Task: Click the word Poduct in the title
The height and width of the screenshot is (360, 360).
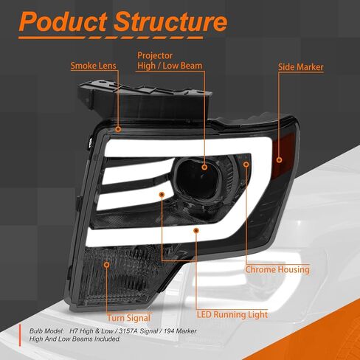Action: click(x=63, y=21)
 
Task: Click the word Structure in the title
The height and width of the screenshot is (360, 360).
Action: click(x=170, y=21)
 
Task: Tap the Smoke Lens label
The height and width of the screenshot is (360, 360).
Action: click(x=93, y=66)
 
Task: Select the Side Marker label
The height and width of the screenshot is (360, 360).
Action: click(x=301, y=67)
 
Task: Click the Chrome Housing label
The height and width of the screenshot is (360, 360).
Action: click(x=277, y=269)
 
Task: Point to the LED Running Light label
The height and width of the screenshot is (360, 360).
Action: click(x=232, y=314)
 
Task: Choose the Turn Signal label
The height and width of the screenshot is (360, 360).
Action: click(x=128, y=318)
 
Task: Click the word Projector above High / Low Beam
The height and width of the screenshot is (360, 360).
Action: click(x=155, y=55)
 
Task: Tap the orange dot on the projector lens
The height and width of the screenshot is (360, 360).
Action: click(x=204, y=167)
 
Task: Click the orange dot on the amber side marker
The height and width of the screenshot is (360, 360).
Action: click(x=279, y=160)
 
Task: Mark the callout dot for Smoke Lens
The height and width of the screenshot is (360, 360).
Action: click(x=118, y=129)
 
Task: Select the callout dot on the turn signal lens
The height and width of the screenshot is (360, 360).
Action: click(x=106, y=265)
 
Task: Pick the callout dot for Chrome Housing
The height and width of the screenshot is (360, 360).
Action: click(x=246, y=164)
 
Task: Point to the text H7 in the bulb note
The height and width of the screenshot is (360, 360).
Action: click(x=74, y=331)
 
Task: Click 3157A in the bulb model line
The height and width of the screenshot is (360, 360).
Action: click(x=128, y=331)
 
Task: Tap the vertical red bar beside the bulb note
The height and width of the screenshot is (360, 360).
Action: click(x=20, y=336)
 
